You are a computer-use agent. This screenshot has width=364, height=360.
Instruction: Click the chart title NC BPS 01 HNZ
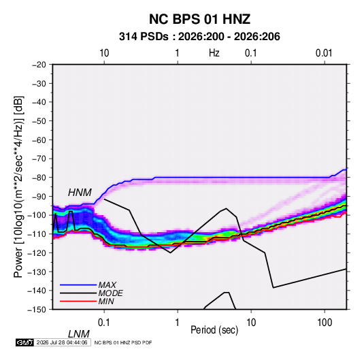click(199, 19)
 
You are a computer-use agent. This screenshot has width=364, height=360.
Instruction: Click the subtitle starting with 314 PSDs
click(199, 37)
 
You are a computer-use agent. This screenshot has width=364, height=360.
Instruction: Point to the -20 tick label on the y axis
click(39, 65)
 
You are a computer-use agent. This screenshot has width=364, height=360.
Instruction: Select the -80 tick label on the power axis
click(39, 178)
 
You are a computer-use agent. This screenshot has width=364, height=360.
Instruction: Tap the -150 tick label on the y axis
click(37, 310)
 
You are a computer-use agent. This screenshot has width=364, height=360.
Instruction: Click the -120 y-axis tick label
click(37, 252)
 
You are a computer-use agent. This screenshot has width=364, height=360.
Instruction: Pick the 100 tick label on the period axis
click(325, 323)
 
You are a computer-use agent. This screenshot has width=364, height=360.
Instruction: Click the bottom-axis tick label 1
click(178, 323)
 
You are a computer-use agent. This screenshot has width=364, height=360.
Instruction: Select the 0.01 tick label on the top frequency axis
click(324, 53)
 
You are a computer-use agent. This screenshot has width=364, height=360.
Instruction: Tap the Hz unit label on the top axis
click(214, 53)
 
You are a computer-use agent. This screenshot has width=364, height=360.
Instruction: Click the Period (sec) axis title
click(214, 330)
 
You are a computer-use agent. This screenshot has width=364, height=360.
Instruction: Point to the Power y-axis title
click(18, 186)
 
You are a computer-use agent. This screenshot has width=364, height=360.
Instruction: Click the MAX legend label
click(107, 285)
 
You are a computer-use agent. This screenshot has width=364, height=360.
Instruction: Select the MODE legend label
click(110, 293)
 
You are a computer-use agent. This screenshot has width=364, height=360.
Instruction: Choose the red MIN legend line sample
click(78, 301)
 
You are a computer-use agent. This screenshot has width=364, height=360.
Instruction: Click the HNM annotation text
click(80, 193)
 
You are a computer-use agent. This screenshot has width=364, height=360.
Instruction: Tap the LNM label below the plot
click(78, 334)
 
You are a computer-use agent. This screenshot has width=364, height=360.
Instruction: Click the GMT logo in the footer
click(24, 342)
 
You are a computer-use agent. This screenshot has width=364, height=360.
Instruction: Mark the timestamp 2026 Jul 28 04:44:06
click(62, 342)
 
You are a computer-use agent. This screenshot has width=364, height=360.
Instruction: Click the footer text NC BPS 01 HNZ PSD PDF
click(123, 342)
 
